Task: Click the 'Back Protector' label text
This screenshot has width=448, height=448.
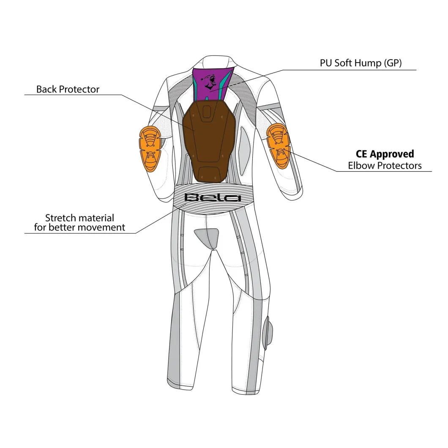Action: click(68, 89)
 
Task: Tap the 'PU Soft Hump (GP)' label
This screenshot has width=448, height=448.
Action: click(361, 63)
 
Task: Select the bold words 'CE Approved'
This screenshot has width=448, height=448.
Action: click(385, 154)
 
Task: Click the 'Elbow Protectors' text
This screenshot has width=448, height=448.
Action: click(385, 165)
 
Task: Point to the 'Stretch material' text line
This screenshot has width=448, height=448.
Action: click(79, 218)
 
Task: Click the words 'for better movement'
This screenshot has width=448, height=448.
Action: click(79, 227)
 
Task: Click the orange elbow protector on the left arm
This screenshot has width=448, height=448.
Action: click(150, 149)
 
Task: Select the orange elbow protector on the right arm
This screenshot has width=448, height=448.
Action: click(279, 146)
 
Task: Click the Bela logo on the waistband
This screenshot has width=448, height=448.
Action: click(213, 197)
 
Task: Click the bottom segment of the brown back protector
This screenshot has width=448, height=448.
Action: click(209, 174)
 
